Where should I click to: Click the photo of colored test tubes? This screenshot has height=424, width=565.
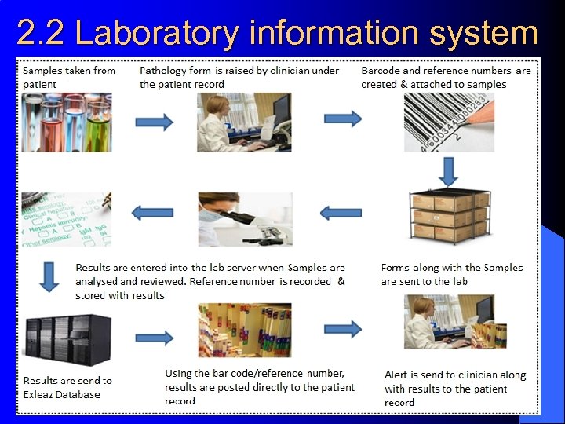click(x=67, y=122)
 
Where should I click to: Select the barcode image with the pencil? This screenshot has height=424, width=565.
click(x=449, y=122)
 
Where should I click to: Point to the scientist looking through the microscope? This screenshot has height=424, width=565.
click(x=244, y=219)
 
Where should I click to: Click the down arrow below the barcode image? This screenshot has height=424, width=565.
click(x=449, y=171)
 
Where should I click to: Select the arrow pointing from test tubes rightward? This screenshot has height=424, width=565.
click(x=155, y=122)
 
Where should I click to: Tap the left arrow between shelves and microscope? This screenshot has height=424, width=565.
click(x=341, y=212)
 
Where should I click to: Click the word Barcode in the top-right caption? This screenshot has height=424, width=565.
click(x=381, y=71)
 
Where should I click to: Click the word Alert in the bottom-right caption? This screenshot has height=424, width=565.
click(x=397, y=375)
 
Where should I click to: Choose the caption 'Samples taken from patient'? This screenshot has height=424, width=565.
click(x=68, y=77)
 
